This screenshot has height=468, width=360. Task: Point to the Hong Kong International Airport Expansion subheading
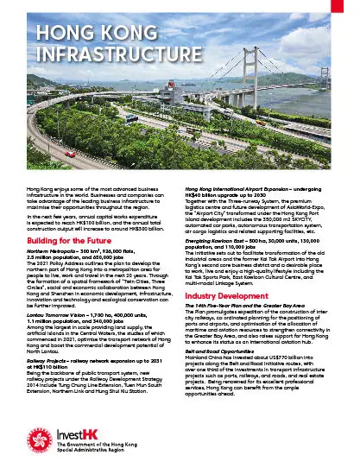click(x=258, y=189)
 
